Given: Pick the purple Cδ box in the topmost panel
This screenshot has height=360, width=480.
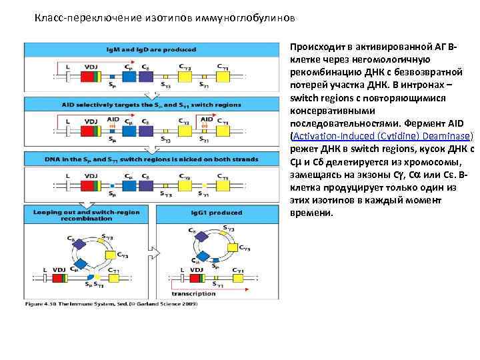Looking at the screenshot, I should (146, 75).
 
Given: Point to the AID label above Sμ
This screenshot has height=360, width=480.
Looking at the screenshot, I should (113, 119).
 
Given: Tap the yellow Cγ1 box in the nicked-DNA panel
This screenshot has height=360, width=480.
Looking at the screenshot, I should (220, 183).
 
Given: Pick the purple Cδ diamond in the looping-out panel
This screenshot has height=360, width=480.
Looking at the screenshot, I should (81, 245).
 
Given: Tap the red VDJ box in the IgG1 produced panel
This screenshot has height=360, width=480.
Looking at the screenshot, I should (195, 278).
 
